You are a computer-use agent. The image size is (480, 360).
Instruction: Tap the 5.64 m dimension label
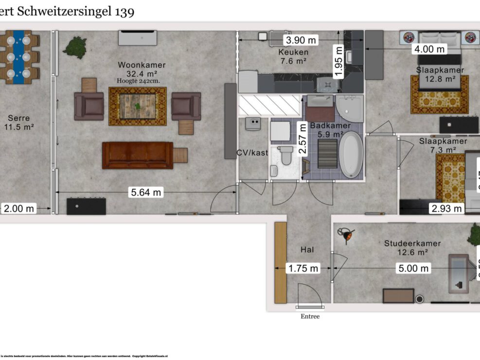145,192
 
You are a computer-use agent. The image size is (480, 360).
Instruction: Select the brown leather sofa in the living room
138,155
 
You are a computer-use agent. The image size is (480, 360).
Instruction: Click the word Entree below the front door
310,317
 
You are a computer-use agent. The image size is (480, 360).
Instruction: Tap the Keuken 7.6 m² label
293,56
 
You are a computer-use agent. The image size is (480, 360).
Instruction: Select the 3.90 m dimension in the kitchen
301,40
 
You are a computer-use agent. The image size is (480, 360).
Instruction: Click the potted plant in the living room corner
75,47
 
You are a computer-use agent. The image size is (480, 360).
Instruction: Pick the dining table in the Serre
19,57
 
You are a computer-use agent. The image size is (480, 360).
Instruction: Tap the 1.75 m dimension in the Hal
303,268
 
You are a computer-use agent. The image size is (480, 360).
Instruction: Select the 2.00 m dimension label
19,209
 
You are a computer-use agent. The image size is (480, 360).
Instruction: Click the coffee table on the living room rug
138,106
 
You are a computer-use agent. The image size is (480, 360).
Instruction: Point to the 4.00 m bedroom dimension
429,49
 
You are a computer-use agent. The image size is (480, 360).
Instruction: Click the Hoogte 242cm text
138,81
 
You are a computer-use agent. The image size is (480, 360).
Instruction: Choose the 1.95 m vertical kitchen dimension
338,61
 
